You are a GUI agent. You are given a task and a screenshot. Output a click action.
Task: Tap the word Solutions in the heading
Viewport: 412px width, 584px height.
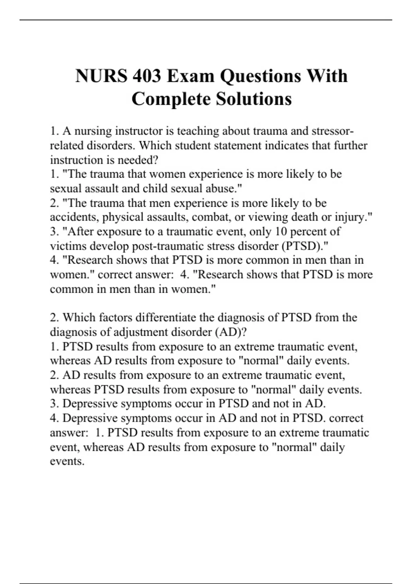point(254,99)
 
